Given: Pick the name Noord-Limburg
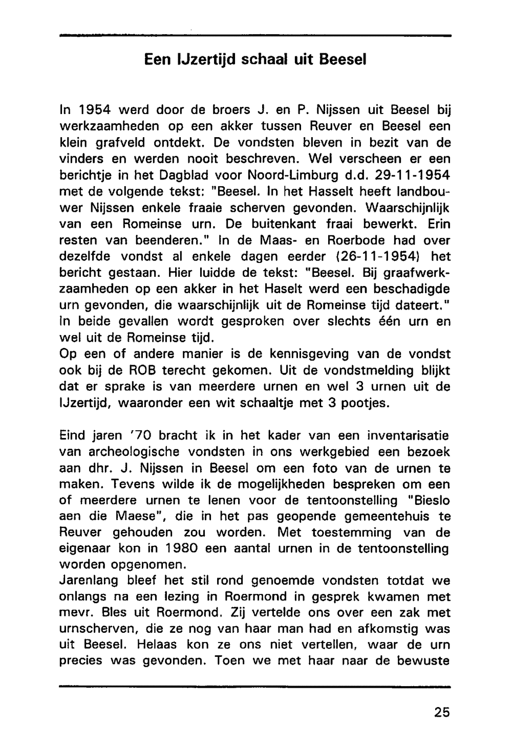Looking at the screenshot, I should click(x=290, y=174).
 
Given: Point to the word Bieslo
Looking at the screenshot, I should click(x=427, y=500).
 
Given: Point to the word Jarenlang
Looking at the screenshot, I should click(x=89, y=581).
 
